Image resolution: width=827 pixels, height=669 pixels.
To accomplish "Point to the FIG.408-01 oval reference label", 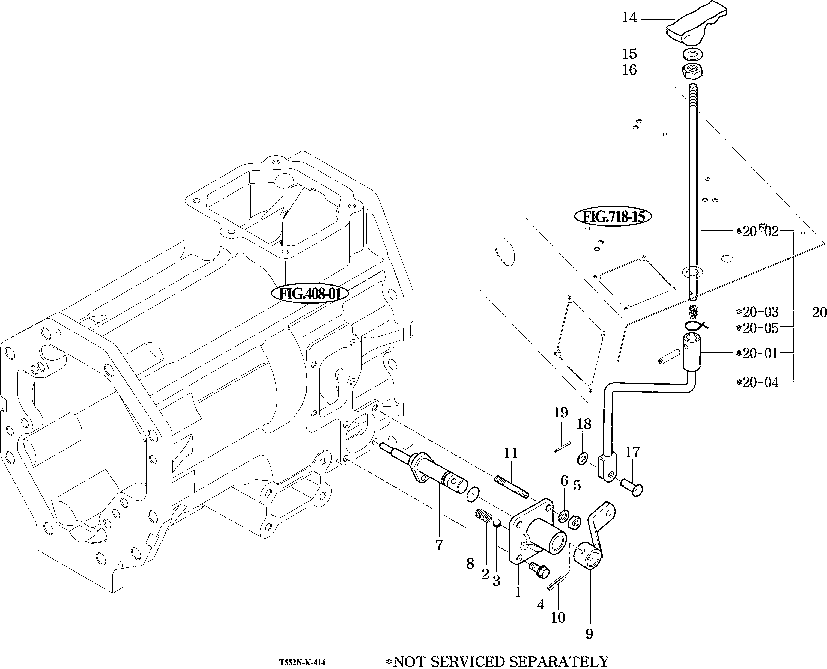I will (x=310, y=294).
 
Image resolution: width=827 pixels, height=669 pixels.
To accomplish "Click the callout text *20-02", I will (x=757, y=232).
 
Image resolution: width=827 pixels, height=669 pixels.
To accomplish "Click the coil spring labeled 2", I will (x=482, y=516).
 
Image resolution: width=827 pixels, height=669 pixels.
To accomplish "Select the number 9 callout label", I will (x=589, y=633).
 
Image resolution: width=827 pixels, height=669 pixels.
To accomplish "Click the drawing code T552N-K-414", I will (x=302, y=662).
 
